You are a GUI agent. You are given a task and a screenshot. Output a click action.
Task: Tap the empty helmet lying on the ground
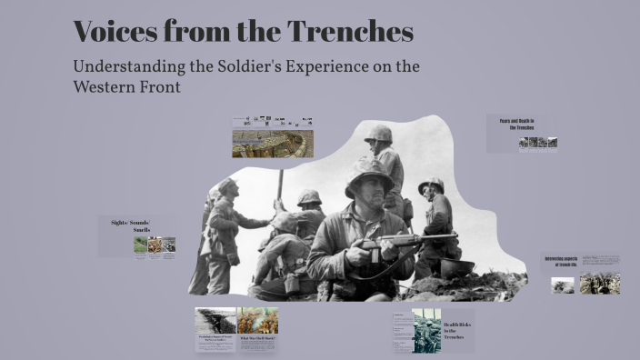pos(457,268)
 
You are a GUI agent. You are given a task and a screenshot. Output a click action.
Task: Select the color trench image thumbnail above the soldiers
pos(273,143)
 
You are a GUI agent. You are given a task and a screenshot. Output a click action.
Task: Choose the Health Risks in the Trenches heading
pos(455,329)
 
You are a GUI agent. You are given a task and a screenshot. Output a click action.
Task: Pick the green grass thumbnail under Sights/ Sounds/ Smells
pos(141,245)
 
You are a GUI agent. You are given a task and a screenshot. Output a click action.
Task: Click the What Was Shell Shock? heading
pos(257,338)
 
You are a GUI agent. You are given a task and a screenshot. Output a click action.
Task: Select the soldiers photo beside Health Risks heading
pos(426,330)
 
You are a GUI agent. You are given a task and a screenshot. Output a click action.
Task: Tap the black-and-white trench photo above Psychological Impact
pos(215,320)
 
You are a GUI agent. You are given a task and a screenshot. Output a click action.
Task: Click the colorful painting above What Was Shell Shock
pos(257,320)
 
